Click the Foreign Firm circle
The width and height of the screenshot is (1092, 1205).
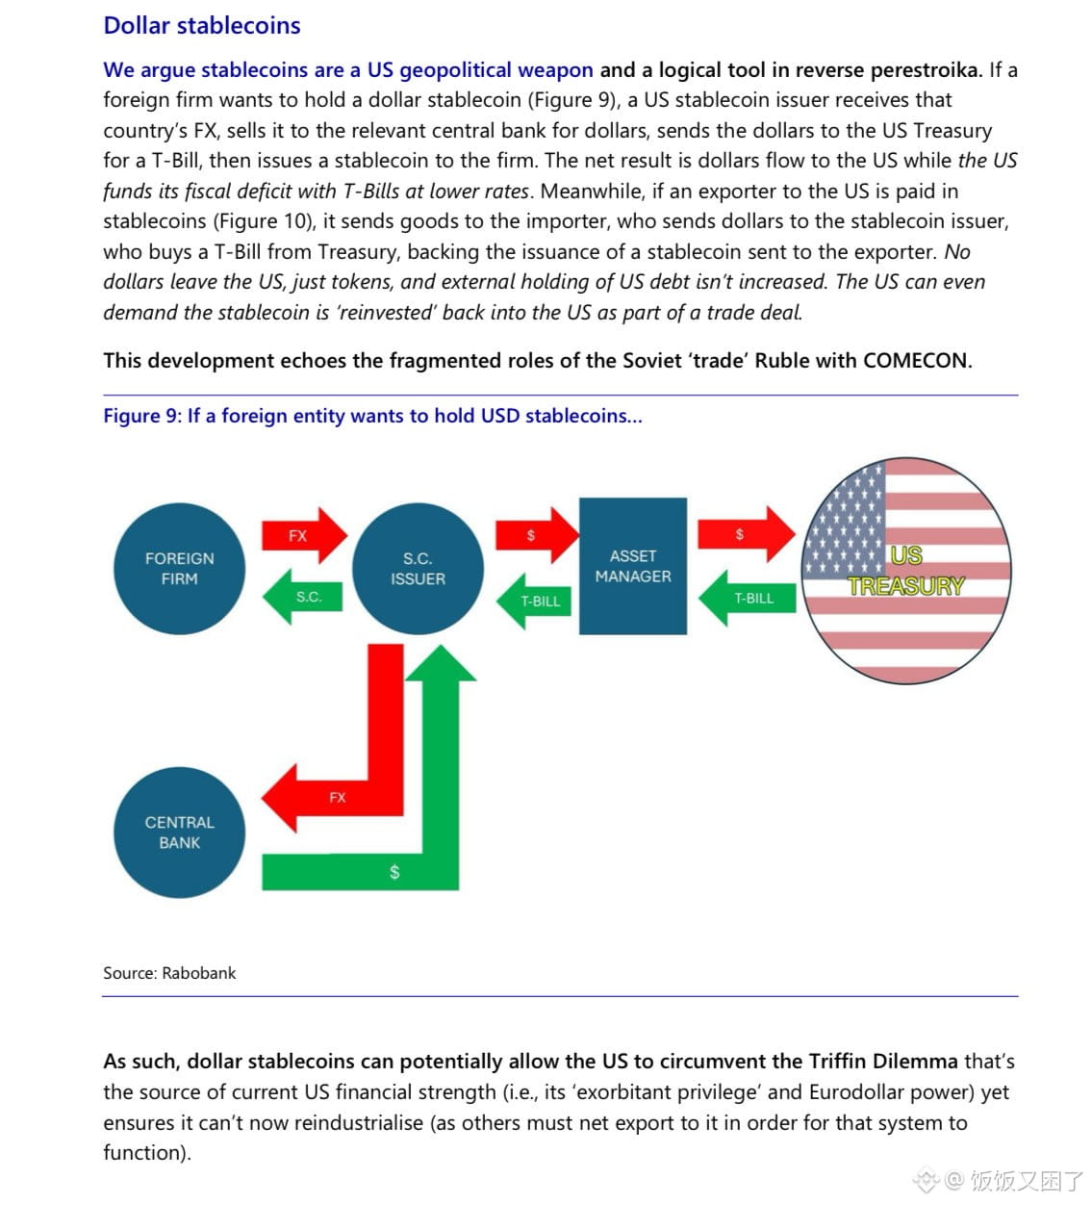[179, 569]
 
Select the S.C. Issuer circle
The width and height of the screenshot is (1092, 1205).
[418, 569]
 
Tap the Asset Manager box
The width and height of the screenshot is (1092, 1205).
[633, 566]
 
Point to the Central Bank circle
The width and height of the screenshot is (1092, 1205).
[179, 833]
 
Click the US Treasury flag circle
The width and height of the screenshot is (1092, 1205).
[905, 571]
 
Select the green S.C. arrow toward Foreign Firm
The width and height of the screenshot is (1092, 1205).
[304, 597]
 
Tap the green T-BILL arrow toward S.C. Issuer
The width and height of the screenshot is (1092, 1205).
[536, 601]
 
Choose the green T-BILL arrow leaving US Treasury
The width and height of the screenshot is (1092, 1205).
[748, 598]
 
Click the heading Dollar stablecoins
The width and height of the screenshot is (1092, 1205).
[202, 26]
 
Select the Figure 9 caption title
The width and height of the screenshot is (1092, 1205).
[372, 416]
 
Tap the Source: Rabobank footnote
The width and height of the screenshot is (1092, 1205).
[169, 973]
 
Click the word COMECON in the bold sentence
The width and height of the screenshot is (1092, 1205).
[916, 361]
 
